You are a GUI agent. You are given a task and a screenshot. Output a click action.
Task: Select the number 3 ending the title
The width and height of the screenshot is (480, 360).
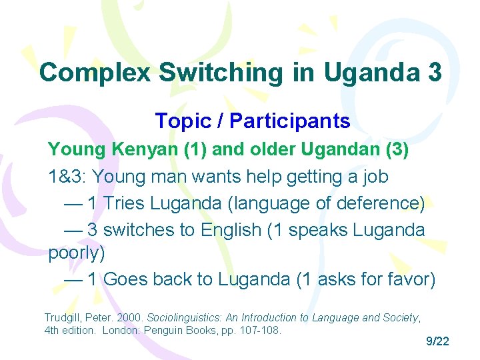pos(433,72)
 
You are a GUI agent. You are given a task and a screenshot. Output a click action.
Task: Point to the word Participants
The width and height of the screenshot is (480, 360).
pos(288,121)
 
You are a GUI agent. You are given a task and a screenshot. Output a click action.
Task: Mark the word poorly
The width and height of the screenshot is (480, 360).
pos(76,254)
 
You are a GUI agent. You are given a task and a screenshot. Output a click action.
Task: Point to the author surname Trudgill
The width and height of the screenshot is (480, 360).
pos(63,317)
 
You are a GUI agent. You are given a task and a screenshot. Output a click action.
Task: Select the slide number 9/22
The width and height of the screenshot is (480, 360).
pos(437,342)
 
